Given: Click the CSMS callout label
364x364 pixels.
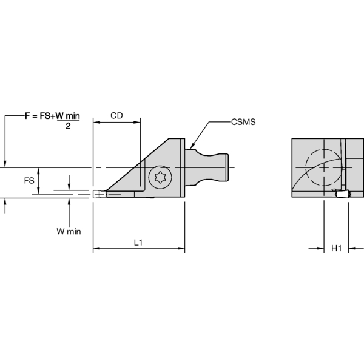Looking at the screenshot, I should [x=243, y=122].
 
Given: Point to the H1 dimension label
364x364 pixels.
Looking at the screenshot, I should [x=337, y=248].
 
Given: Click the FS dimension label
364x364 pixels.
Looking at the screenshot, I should [x=29, y=181].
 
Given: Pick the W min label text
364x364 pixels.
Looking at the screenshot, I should [x=69, y=231].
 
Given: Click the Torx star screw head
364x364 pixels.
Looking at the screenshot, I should [x=161, y=178].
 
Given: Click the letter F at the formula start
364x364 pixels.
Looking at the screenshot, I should [x=28, y=115].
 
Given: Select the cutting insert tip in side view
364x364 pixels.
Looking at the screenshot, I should [x=97, y=194].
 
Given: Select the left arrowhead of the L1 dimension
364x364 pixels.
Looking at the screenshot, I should [x=96, y=248].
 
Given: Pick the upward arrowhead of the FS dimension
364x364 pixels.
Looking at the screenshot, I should [x=38, y=170].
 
